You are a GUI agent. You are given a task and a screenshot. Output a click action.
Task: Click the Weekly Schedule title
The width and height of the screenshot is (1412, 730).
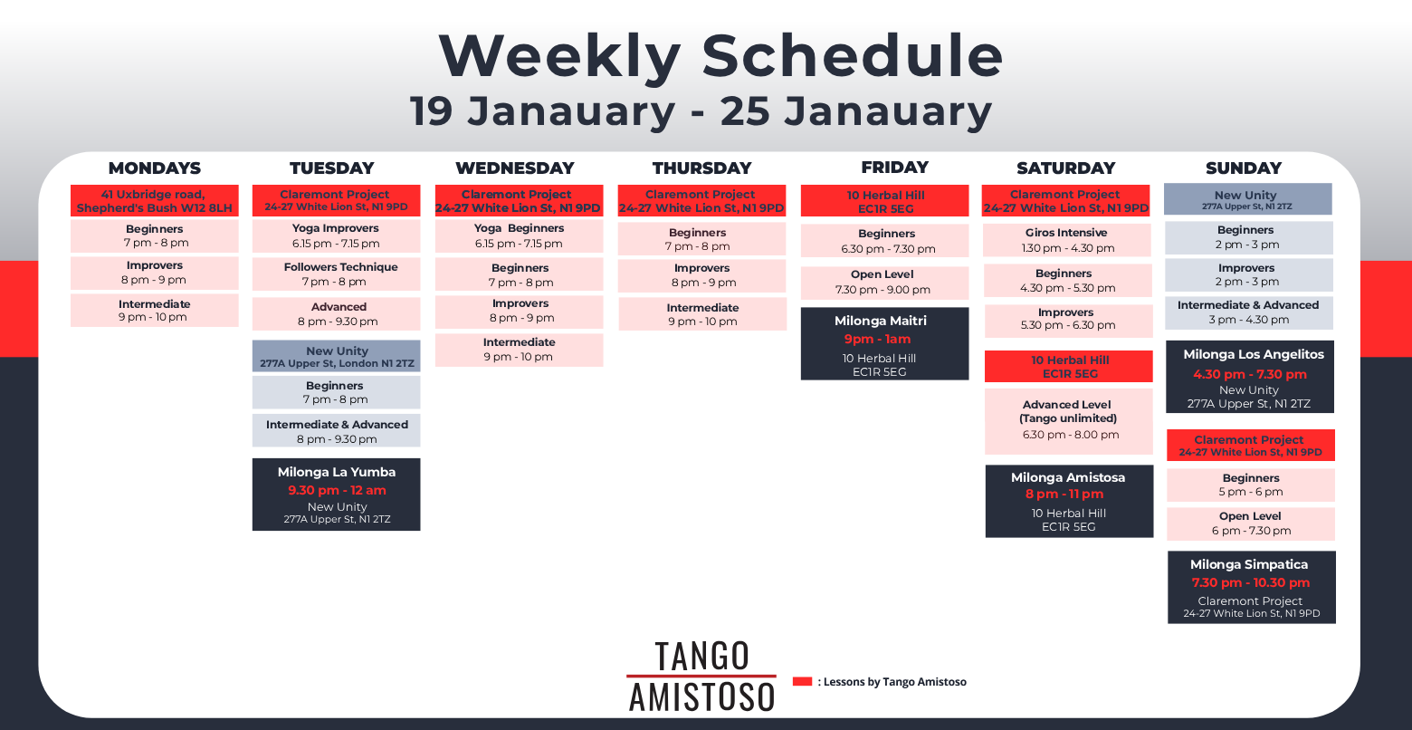[x=720, y=55]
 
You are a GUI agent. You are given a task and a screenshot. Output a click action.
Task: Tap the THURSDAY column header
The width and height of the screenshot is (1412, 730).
[x=701, y=168]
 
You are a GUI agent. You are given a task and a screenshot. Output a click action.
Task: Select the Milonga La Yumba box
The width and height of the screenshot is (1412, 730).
[x=336, y=494]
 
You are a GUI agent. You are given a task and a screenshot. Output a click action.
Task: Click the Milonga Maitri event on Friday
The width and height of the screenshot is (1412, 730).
[x=884, y=344]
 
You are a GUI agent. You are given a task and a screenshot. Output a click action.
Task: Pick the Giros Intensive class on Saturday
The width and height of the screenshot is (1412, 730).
[x=1066, y=240]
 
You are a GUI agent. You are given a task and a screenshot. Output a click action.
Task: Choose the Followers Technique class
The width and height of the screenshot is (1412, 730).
[x=336, y=274]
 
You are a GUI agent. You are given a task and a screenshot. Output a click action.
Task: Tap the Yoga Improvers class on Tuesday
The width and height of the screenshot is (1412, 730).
[x=336, y=236]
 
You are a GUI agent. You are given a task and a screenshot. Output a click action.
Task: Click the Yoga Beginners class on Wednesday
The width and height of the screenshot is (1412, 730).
[x=519, y=236]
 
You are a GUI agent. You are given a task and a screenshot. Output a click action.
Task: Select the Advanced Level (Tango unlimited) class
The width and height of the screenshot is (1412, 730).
[x=1068, y=421]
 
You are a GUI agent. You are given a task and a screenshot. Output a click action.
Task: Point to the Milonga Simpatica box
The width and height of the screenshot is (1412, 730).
[x=1251, y=588]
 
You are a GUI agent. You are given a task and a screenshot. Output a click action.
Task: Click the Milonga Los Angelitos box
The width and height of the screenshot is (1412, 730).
[x=1250, y=377]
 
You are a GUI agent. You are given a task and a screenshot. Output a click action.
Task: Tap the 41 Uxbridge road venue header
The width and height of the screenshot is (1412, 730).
[x=155, y=201]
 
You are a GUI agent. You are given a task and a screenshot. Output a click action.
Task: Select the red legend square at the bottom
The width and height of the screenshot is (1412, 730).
[x=802, y=681]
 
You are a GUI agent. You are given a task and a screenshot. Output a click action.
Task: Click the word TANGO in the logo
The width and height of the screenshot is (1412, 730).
[x=702, y=656]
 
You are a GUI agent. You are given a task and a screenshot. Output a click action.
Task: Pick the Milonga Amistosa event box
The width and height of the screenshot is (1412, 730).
[x=1069, y=501]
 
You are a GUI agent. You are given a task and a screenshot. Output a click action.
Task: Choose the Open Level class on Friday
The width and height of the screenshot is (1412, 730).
[x=884, y=283]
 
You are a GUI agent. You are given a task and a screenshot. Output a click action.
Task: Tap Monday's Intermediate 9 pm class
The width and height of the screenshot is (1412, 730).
[x=155, y=311]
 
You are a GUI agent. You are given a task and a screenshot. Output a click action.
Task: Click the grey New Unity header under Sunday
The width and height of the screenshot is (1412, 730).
[x=1248, y=199]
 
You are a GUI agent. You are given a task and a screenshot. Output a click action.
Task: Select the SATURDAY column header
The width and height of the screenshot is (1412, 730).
[x=1066, y=168]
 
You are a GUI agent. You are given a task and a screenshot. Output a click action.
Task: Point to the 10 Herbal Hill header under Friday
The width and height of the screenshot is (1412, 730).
[x=884, y=201]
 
